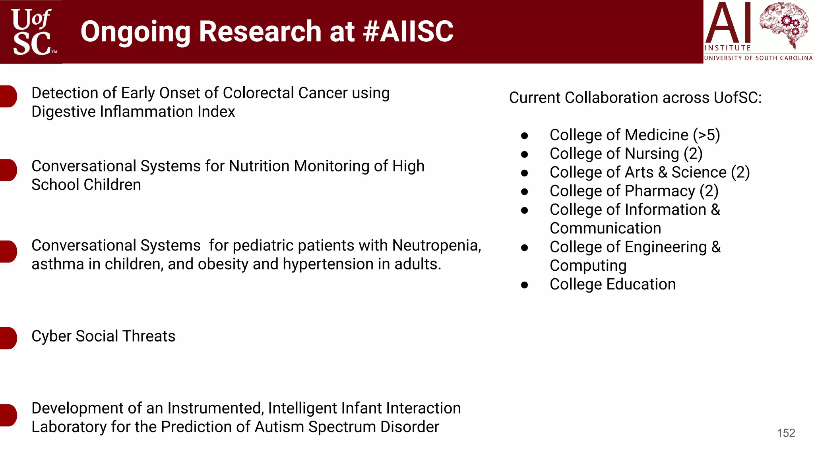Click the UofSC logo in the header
point(32,32)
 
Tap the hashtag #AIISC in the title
point(408,31)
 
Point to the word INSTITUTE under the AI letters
point(727,48)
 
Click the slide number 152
point(786,433)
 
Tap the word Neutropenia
point(436,246)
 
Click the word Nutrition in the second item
point(259,166)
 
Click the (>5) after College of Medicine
point(706,135)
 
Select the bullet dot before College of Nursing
point(525,154)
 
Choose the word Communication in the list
point(605,229)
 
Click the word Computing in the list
point(588,266)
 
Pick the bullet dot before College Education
point(525,285)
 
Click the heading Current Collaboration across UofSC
point(635,98)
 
